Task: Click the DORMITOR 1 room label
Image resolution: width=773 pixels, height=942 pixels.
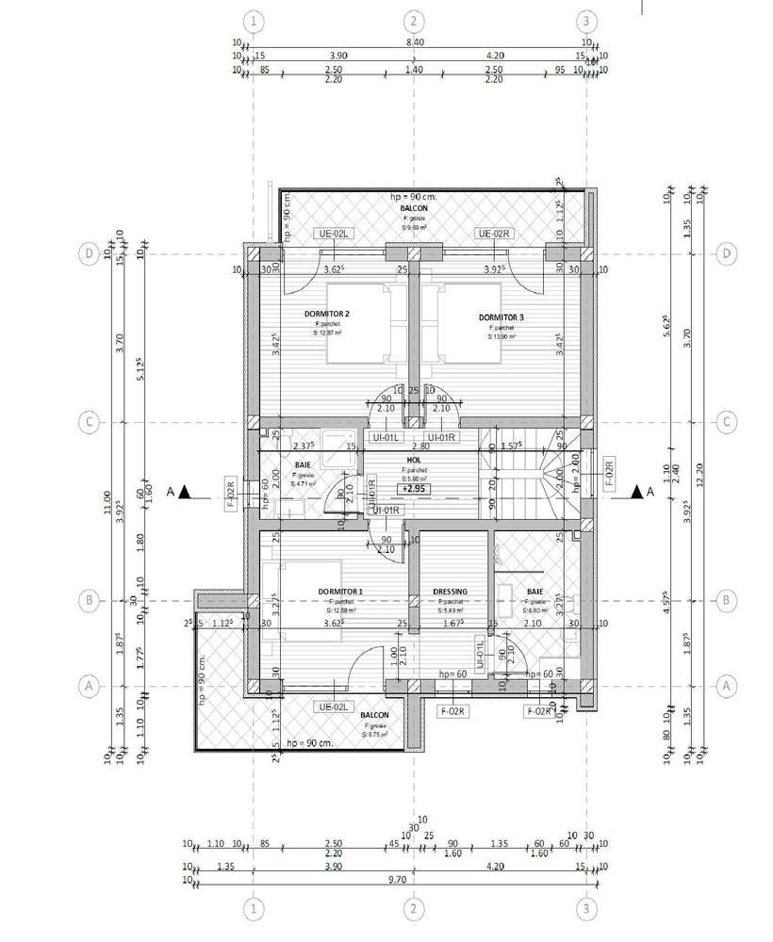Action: click(340, 591)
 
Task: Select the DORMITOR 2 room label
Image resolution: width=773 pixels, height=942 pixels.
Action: click(327, 314)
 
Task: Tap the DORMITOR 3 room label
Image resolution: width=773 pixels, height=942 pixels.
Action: click(499, 317)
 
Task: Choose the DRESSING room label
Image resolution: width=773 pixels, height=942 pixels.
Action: click(450, 592)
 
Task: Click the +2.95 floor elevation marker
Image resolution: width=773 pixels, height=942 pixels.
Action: click(412, 489)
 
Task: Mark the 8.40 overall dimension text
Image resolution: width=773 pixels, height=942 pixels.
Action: click(413, 42)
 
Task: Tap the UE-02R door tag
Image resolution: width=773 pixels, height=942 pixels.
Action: click(494, 234)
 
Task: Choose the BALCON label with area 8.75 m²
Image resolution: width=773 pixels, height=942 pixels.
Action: click(374, 715)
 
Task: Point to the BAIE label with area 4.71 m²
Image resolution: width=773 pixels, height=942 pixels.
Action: click(303, 465)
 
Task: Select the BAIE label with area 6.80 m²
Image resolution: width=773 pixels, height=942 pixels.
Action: click(535, 592)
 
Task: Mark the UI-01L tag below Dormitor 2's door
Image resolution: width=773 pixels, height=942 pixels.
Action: click(386, 438)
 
